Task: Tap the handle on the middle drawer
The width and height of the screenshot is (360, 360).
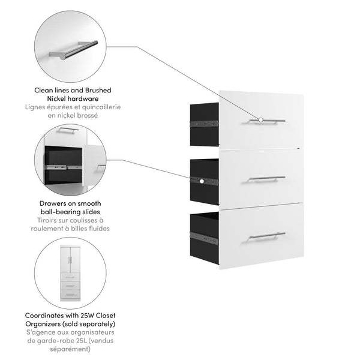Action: pos(267,178)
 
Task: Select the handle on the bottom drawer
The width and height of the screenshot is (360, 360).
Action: pos(267,235)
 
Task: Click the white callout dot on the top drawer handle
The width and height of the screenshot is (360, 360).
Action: pos(261,120)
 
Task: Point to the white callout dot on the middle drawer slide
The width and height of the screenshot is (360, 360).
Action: pos(202,180)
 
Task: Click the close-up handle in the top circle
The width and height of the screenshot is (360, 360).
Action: pos(73,49)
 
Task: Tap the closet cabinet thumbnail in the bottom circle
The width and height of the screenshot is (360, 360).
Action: pos(71,274)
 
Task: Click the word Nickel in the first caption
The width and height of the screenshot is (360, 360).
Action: pos(59,98)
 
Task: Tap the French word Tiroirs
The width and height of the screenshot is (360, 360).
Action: pos(49,220)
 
